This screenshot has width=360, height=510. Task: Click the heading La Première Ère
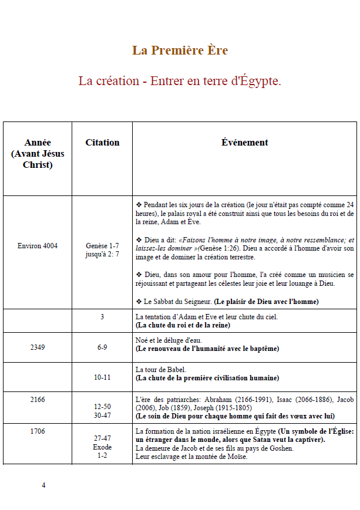[180, 50]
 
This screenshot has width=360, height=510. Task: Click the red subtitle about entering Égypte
[180, 81]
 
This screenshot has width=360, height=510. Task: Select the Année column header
[38, 153]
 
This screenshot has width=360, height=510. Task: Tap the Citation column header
[102, 143]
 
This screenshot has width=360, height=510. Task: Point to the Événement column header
[244, 143]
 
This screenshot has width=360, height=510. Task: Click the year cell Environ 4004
[38, 245]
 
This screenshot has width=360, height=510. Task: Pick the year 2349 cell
[38, 347]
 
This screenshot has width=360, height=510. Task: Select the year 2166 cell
[38, 400]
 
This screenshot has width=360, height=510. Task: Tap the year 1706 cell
[38, 431]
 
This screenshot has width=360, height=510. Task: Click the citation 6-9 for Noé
[102, 347]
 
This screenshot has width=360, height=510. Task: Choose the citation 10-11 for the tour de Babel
[102, 377]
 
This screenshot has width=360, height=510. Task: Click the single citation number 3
[102, 317]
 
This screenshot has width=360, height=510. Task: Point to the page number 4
[43, 485]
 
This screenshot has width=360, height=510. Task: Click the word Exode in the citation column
[102, 447]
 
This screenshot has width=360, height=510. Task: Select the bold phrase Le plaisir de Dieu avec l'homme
[267, 302]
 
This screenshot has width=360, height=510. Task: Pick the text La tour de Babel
[161, 370]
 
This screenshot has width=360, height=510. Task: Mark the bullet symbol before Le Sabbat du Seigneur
[139, 302]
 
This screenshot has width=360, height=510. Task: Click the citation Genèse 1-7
[102, 246]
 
